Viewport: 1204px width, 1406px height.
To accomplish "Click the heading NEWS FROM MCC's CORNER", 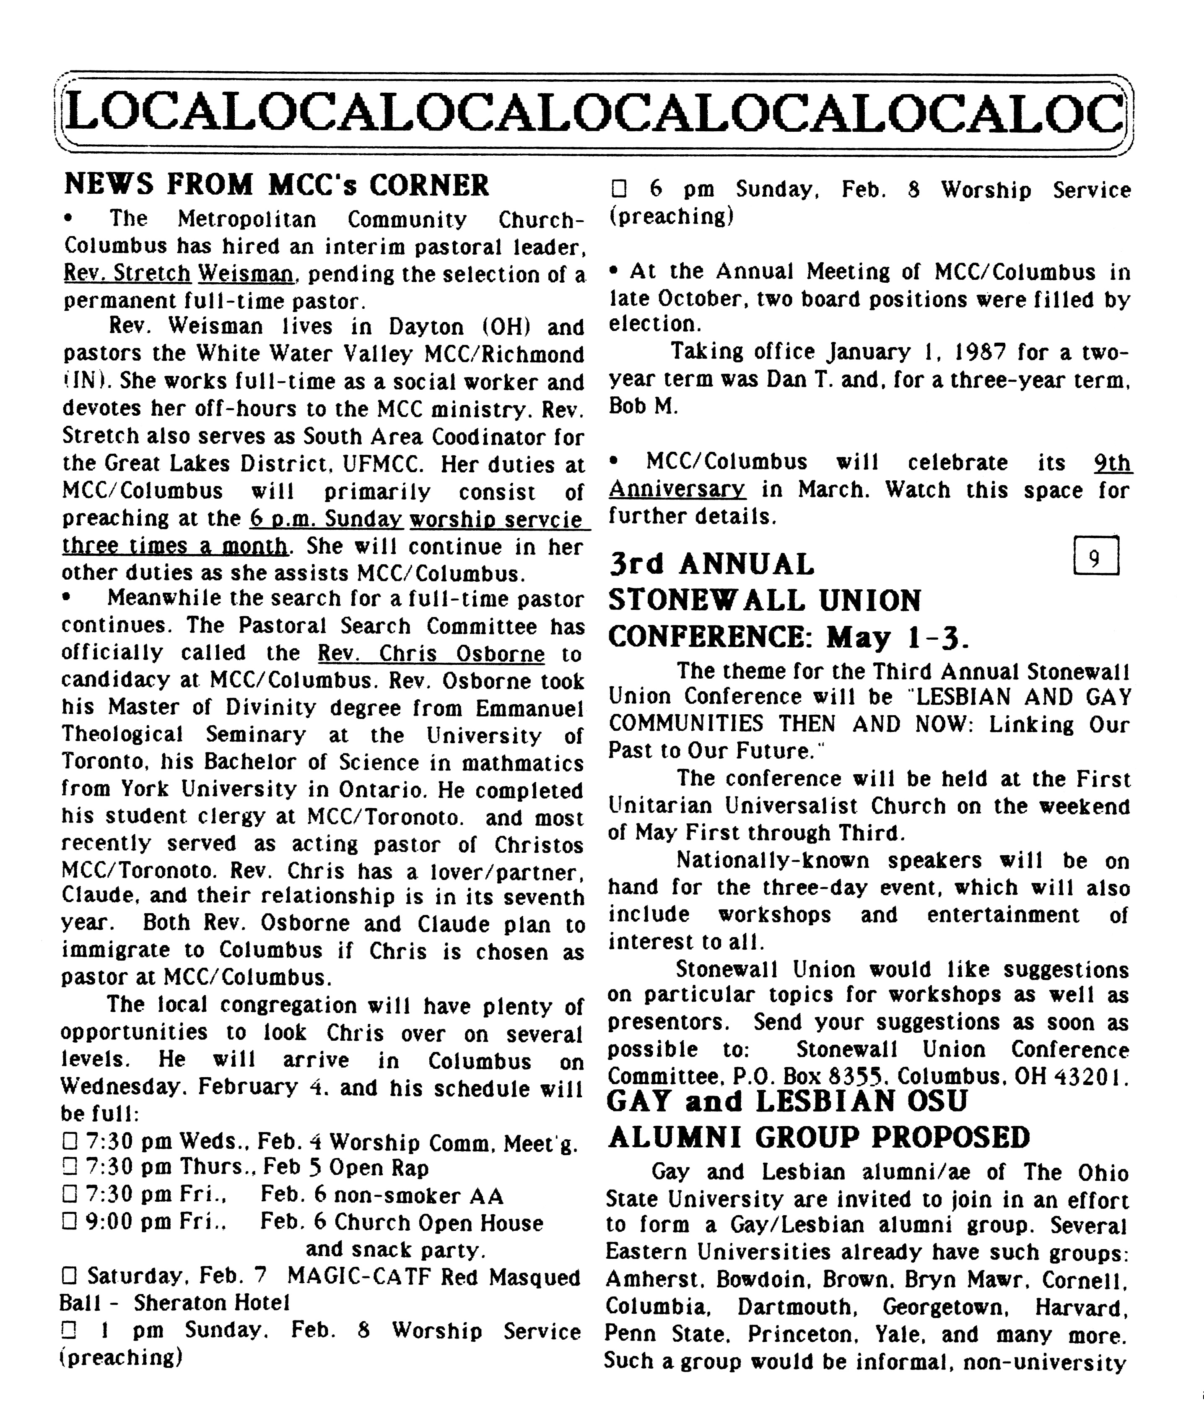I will click(x=277, y=185).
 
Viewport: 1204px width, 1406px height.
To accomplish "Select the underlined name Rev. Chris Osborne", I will click(x=431, y=654).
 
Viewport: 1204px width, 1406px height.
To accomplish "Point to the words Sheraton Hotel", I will click(x=212, y=1303).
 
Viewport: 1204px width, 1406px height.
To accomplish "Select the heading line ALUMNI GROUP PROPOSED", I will click(x=819, y=1137).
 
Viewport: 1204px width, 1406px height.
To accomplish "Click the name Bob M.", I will click(x=642, y=406).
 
